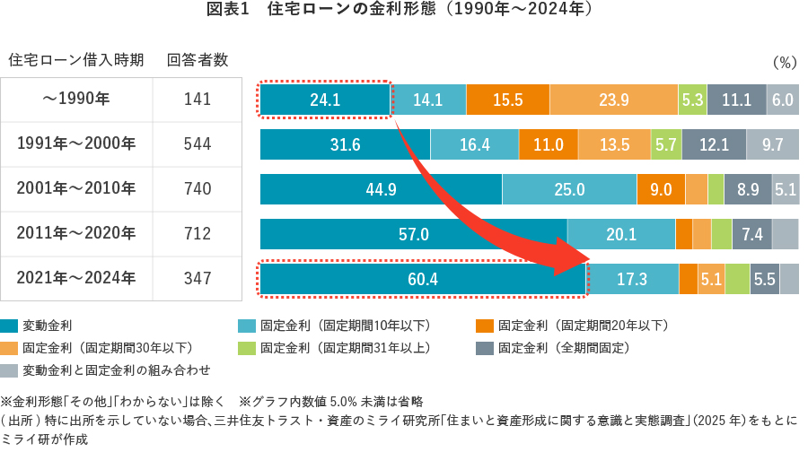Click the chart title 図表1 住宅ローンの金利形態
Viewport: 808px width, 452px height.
click(x=404, y=12)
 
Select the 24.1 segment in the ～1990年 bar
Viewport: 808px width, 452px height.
click(x=324, y=100)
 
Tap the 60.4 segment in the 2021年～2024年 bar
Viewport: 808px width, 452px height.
click(x=422, y=279)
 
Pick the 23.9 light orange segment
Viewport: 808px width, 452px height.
click(x=614, y=100)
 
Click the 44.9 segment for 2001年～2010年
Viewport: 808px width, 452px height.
click(x=381, y=189)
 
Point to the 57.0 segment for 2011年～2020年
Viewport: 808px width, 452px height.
click(x=413, y=234)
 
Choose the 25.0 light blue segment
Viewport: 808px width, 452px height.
click(x=569, y=189)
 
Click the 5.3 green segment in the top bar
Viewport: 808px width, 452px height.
click(x=692, y=100)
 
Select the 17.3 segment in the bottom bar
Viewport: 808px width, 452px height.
click(x=633, y=279)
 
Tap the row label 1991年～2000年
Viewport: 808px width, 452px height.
click(x=76, y=143)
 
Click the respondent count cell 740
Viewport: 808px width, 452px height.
click(x=197, y=188)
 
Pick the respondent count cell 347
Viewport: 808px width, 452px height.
click(x=197, y=278)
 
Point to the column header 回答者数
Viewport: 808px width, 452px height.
click(x=198, y=60)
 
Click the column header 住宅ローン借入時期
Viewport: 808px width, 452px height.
click(x=76, y=60)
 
